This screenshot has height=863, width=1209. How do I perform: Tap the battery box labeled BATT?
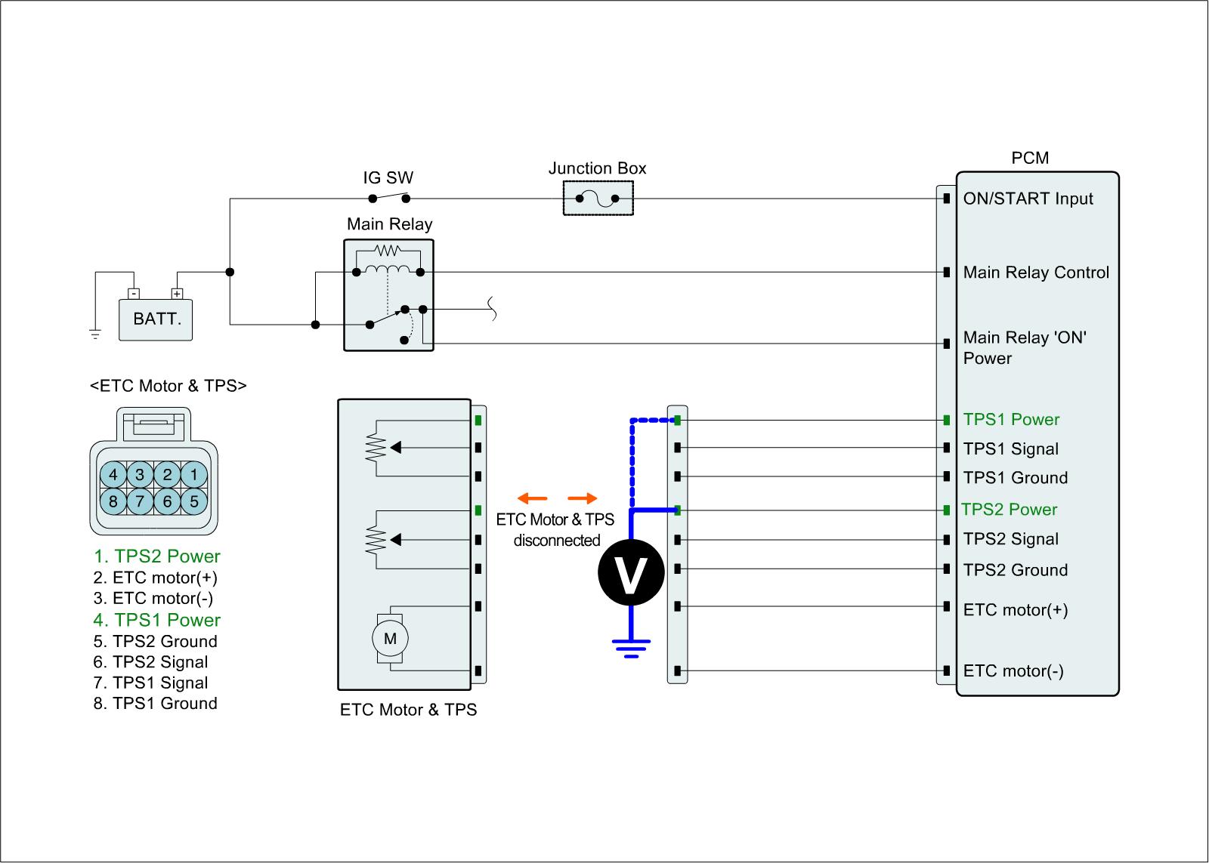[x=156, y=319]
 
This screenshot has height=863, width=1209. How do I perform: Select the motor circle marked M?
[x=390, y=639]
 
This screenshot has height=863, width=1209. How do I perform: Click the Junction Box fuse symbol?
[x=597, y=199]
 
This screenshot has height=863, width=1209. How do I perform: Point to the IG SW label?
[x=388, y=179]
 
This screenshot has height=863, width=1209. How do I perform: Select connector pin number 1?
[x=193, y=475]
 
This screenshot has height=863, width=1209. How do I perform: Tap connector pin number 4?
[x=113, y=475]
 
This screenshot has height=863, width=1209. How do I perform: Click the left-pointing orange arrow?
[x=533, y=498]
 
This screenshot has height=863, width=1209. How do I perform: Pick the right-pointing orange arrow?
[x=582, y=498]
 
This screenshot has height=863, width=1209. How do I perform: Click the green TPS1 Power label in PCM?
[x=1011, y=420]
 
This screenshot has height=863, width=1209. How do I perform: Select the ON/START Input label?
[x=1028, y=199]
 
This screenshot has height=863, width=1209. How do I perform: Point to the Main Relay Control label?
[x=1036, y=273]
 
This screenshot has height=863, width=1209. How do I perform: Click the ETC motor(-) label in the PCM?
[x=1013, y=671]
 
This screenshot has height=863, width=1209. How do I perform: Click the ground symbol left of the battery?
[x=95, y=334]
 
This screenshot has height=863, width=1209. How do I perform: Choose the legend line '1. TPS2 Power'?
[x=157, y=556]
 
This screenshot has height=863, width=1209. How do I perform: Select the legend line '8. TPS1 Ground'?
[x=156, y=704]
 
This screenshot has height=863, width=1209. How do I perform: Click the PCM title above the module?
[x=1030, y=158]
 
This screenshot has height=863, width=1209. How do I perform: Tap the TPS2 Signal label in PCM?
[x=1010, y=539]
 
